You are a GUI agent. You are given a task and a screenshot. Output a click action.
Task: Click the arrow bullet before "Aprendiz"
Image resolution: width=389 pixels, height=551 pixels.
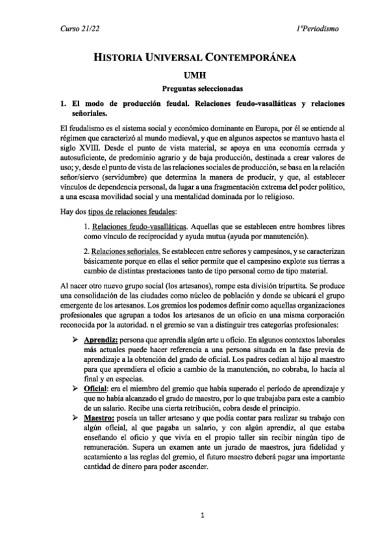pos(77,341)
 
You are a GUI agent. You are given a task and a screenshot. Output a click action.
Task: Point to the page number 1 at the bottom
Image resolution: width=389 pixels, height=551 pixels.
pos(203,517)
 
